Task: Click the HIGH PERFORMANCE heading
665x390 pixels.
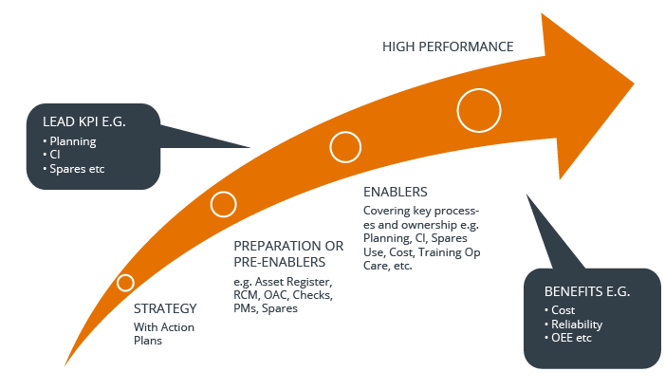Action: click(x=448, y=46)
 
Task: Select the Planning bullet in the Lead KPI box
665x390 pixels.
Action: click(x=73, y=141)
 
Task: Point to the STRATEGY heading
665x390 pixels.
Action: click(x=165, y=308)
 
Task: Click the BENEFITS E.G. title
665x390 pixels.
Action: click(x=587, y=291)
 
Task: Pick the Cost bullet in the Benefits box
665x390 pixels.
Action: click(x=562, y=310)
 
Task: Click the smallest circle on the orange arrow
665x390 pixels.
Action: click(x=125, y=283)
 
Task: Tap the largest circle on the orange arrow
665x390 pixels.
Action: click(x=479, y=111)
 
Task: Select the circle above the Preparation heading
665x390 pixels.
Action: click(x=223, y=204)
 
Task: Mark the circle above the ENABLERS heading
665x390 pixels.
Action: click(x=345, y=147)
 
